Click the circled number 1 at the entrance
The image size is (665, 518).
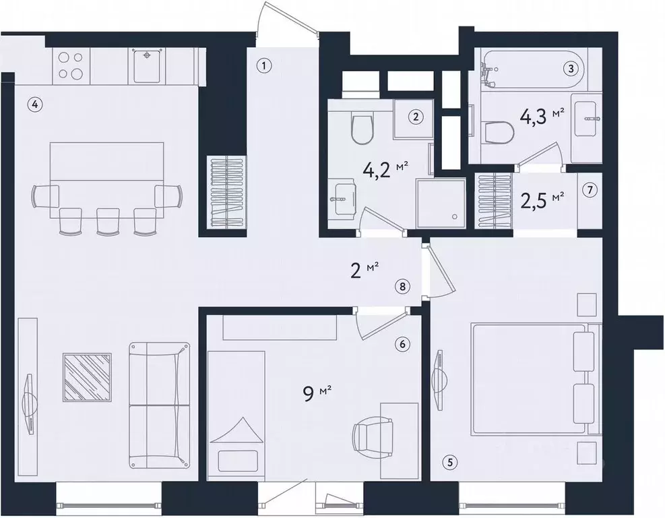265,66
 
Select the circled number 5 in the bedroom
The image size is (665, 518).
450,462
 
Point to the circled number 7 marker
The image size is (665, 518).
590,191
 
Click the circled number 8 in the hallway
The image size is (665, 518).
402,286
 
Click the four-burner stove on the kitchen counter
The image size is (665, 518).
70,66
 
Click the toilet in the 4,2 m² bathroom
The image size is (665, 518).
362,129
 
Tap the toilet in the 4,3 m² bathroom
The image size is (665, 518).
499,133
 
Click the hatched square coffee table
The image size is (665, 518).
87,378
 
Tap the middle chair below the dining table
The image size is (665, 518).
108,221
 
